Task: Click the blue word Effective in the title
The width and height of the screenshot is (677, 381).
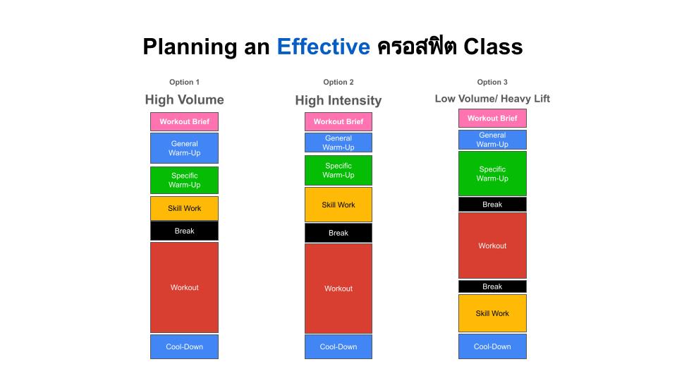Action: [324, 47]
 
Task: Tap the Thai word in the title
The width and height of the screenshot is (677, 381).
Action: [417, 47]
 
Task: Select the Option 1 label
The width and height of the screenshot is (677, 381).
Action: [184, 82]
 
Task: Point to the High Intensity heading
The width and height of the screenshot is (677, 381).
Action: [338, 101]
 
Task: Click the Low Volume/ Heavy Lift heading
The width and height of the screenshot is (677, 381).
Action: [492, 99]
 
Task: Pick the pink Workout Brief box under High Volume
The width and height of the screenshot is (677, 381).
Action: [184, 121]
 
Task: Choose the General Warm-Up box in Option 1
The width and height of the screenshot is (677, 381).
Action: [184, 148]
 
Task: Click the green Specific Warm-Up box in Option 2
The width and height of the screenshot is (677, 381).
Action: [338, 170]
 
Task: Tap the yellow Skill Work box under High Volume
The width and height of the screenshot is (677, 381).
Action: [184, 208]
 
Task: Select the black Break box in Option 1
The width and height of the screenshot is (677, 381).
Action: [184, 231]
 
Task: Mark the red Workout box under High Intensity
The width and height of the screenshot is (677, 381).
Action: [338, 288]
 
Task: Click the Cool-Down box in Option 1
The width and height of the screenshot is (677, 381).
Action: [184, 346]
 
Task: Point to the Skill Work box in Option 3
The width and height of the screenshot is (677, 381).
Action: [492, 313]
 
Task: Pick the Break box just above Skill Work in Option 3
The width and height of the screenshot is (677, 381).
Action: [492, 286]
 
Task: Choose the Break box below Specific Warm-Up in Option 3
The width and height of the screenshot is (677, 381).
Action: [492, 205]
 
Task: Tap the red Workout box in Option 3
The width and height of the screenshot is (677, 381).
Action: [492, 246]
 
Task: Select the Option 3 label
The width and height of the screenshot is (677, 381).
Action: [492, 82]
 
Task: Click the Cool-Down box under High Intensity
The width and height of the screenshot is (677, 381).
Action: [338, 346]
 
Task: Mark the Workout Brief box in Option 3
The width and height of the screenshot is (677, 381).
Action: [492, 119]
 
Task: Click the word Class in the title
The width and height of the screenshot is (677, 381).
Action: [493, 47]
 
